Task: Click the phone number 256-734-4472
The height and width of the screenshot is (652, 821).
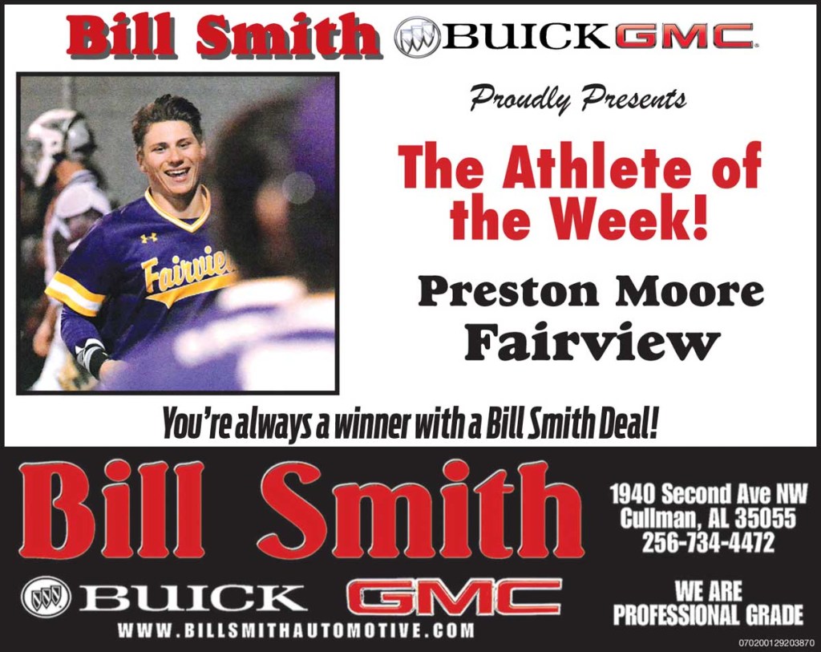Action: tap(707, 542)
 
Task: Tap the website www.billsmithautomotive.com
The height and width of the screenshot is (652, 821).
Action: tap(295, 630)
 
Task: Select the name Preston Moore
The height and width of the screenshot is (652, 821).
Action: tap(590, 293)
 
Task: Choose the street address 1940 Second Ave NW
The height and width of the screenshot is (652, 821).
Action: tap(709, 494)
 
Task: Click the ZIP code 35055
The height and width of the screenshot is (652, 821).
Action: tap(765, 518)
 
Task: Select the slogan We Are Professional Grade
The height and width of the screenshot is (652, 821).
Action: tap(708, 603)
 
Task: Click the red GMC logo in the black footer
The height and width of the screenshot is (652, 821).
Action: tap(454, 597)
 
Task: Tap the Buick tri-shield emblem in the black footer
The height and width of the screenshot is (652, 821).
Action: tap(46, 595)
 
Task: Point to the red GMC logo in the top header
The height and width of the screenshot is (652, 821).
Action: tap(684, 36)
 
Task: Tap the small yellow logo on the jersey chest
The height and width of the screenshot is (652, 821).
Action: tap(148, 238)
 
